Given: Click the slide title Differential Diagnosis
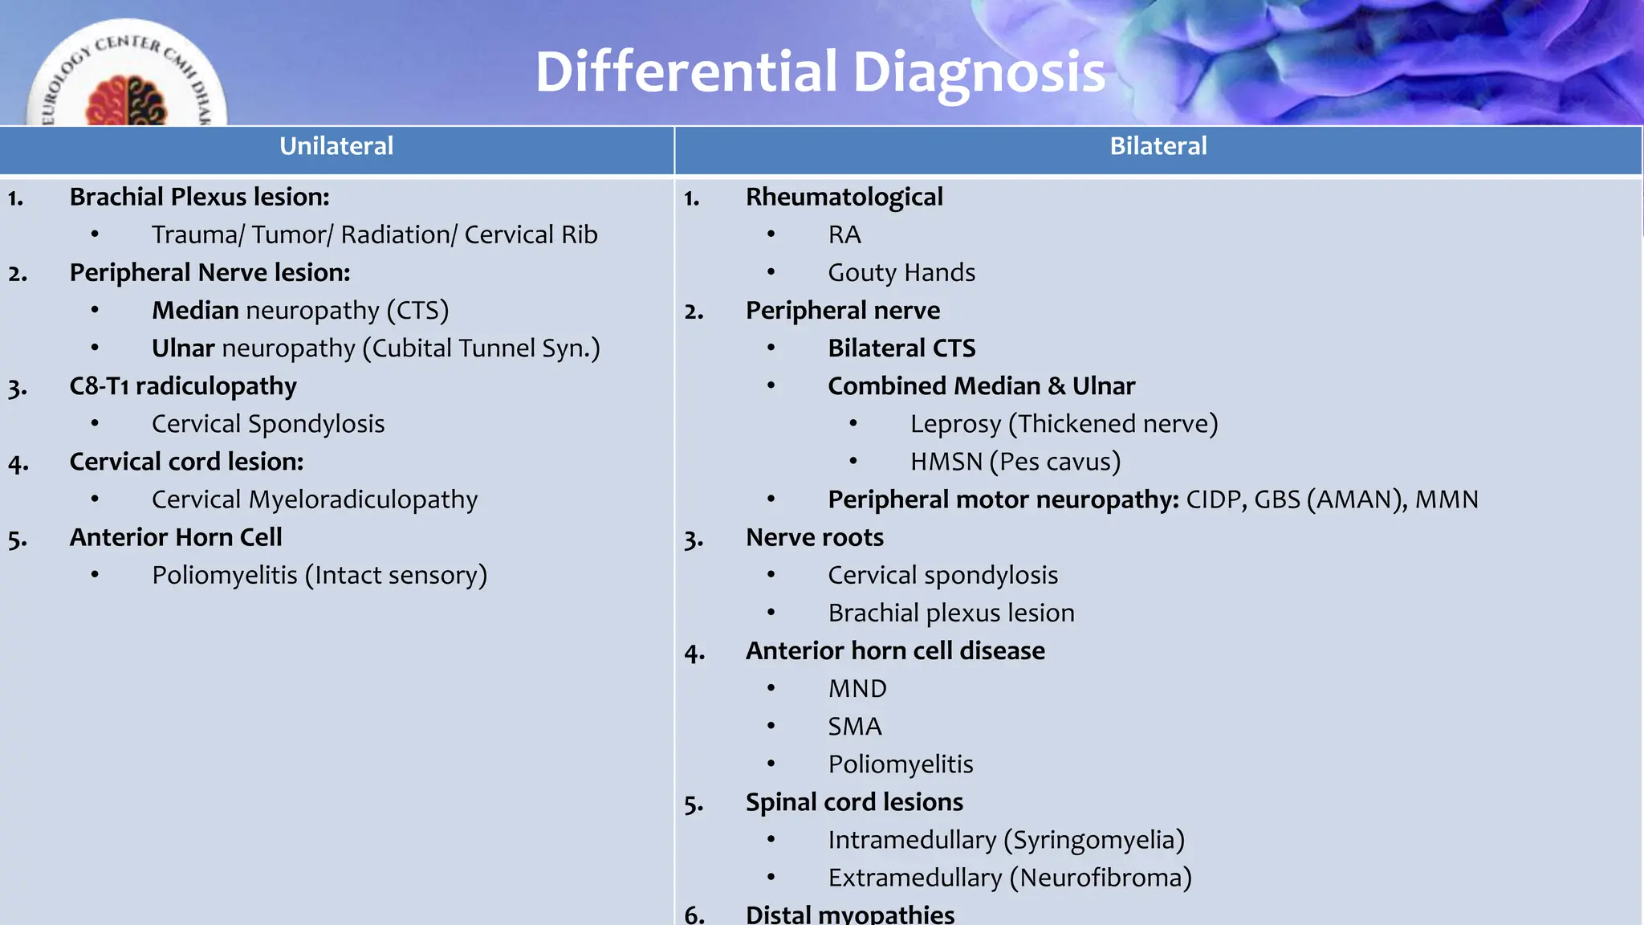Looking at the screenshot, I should point(820,72).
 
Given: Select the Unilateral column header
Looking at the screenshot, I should point(336,146).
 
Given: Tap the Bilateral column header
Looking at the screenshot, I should point(1158,146).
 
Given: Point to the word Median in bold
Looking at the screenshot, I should point(195,311).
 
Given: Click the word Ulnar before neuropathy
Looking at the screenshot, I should point(183,348).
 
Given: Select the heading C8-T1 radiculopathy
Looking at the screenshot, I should point(183,386).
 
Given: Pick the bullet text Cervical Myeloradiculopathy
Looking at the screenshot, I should point(315,500).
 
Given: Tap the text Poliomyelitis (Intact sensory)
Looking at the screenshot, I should point(319,576).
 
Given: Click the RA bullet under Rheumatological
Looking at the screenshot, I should point(844,235).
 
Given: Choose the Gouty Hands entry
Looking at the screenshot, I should point(901,273).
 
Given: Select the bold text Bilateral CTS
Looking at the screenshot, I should point(901,348).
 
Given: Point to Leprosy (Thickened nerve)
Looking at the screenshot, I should point(1064,424).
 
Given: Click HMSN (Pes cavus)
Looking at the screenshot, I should point(1015,462).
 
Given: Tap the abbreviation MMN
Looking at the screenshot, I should point(1446,500).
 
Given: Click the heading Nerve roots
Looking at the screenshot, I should point(814,538).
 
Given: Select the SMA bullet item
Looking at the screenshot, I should point(854,727).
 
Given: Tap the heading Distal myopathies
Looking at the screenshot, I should point(849,915).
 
